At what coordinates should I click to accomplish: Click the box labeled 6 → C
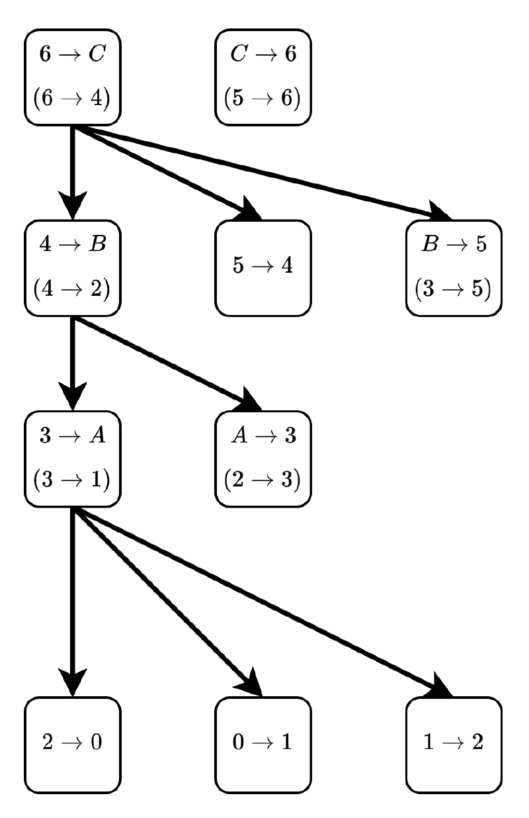73,76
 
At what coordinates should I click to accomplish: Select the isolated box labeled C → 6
263,76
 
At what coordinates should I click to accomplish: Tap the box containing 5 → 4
263,267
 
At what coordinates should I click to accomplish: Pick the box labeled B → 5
454,267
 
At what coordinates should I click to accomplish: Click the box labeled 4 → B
73,267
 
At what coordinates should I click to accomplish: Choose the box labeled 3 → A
73,457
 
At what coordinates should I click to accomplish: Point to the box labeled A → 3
263,457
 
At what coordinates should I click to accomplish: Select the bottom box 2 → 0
73,743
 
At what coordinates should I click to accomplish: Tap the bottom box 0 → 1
263,743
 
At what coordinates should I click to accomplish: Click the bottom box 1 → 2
454,743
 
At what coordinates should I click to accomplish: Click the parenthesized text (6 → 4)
73,99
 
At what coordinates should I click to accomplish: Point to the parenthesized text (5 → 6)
263,99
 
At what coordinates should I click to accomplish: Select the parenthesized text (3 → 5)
454,289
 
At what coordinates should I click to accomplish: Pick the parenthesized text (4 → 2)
73,289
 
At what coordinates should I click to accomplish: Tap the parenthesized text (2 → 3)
263,480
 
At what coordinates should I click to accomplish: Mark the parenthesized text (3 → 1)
73,480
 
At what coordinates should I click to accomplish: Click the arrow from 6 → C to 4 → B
73,165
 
